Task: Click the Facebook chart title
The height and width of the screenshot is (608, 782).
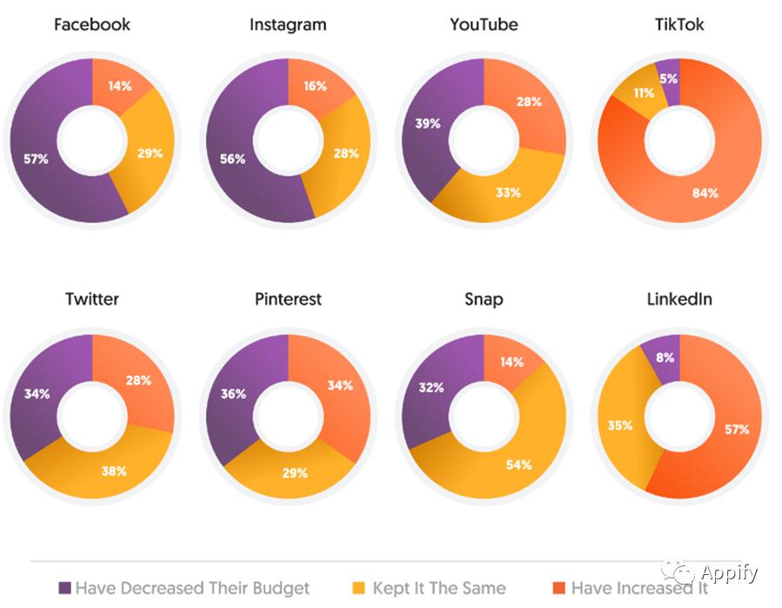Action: (x=92, y=24)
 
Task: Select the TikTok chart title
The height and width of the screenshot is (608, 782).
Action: (x=679, y=24)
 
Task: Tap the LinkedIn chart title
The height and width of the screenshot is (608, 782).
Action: (x=679, y=299)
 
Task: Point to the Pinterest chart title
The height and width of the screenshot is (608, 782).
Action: (x=288, y=299)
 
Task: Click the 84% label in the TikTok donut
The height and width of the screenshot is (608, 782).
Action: (x=705, y=192)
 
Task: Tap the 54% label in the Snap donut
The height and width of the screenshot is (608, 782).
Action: (x=518, y=464)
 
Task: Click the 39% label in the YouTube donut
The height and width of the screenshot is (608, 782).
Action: (x=427, y=124)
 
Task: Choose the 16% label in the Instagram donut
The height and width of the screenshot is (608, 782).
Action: (x=316, y=85)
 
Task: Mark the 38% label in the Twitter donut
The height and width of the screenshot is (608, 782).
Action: (x=114, y=471)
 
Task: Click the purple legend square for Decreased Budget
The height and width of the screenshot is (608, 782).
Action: (x=64, y=589)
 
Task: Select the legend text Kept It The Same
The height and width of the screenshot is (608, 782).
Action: (x=439, y=589)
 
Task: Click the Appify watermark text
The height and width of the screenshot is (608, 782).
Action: (x=729, y=573)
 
